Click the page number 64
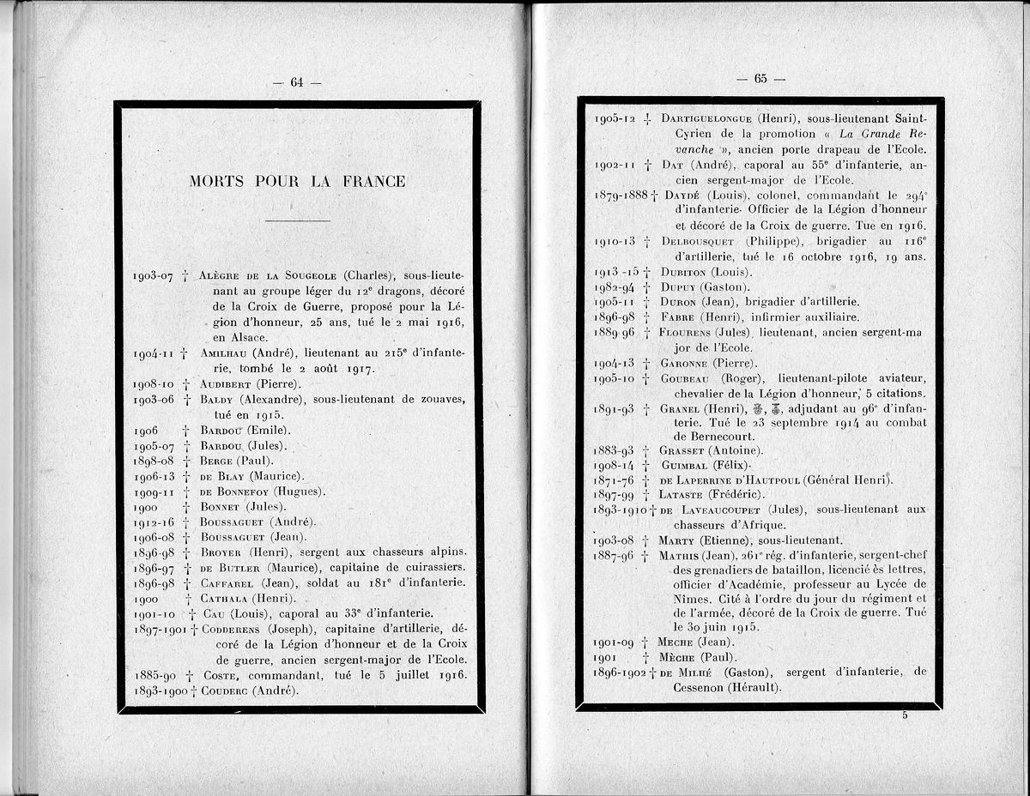point(297,82)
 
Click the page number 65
point(760,79)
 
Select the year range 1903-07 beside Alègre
point(154,276)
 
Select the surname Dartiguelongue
point(706,118)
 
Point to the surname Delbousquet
point(699,241)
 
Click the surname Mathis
point(678,555)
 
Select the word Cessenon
point(701,688)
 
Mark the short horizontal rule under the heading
point(298,221)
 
